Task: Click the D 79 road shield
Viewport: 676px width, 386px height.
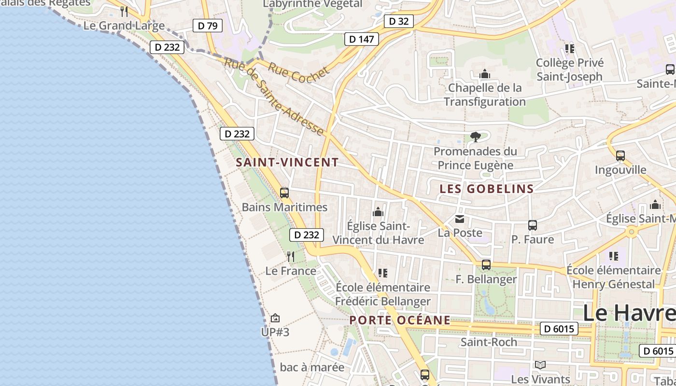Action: [x=208, y=26]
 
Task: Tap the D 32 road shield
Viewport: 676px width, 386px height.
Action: [x=399, y=21]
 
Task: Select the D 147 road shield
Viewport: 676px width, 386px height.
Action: [x=361, y=39]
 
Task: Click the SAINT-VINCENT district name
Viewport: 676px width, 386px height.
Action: [x=287, y=163]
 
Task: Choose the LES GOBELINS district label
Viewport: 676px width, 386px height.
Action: [x=487, y=189]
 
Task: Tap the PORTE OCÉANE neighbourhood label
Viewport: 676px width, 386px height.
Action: [x=400, y=320]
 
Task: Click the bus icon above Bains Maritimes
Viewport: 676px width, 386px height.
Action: [x=284, y=193]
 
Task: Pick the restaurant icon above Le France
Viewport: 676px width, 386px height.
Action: [x=290, y=256]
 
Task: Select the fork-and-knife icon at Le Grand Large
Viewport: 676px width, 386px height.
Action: [x=124, y=11]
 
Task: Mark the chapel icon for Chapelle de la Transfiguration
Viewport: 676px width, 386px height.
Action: [x=485, y=74]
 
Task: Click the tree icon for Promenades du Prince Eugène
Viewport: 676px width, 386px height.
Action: [x=476, y=137]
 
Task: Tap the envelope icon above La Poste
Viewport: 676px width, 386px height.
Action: [x=460, y=219]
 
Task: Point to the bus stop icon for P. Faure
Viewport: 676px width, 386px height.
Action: [x=533, y=225]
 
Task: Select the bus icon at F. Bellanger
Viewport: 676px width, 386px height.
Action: [x=486, y=265]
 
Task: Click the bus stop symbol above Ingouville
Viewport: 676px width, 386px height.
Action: [x=620, y=156]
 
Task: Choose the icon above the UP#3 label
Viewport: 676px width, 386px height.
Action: [x=275, y=318]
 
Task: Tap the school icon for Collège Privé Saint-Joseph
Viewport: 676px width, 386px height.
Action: [x=570, y=49]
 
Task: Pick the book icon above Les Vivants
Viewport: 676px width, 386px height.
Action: [x=540, y=365]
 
